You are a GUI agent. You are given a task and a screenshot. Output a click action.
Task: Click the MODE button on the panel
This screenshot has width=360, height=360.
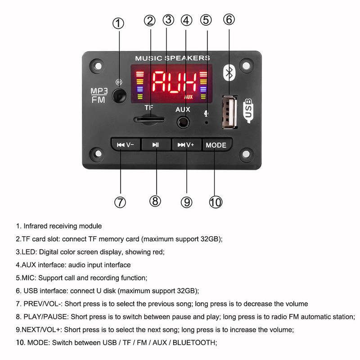(x=216, y=145)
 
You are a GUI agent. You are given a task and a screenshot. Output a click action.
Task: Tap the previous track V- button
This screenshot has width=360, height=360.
(x=126, y=145)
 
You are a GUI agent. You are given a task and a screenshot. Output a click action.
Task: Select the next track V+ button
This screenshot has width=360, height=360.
(x=186, y=145)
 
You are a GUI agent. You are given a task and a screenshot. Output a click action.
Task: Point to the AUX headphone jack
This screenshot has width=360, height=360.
(x=183, y=121)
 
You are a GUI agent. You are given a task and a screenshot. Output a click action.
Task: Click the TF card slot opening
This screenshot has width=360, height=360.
(x=149, y=120)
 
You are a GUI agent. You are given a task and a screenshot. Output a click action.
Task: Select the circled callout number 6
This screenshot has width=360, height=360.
(x=229, y=20)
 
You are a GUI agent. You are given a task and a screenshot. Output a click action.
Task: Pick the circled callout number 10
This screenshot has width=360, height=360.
(x=216, y=202)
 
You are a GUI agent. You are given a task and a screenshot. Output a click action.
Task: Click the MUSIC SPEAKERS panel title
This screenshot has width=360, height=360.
(x=172, y=58)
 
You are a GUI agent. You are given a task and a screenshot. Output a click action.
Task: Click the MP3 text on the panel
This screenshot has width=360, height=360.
(x=99, y=90)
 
